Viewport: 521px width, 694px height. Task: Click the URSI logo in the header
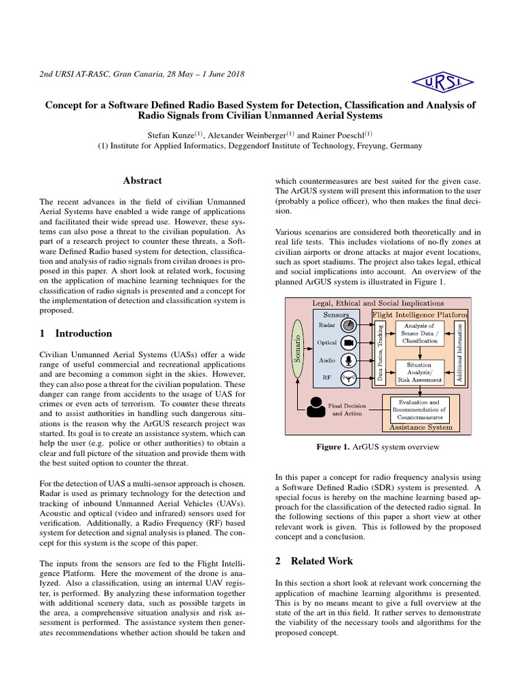[x=448, y=83]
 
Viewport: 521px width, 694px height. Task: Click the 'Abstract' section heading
[x=142, y=180]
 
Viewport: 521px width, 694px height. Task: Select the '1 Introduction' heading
[x=76, y=333]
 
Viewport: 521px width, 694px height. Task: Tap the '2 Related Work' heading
[x=313, y=560]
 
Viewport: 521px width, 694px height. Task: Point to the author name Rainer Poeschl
[x=344, y=135]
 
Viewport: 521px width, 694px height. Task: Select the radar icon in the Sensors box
[x=349, y=325]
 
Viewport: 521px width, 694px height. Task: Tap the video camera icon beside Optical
[x=349, y=343]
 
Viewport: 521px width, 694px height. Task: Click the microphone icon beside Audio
[x=349, y=361]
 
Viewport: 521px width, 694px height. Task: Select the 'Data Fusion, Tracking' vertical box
[x=381, y=351]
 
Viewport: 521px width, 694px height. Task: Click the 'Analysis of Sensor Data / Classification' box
[x=420, y=334]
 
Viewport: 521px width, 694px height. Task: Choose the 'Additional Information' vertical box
[x=460, y=351]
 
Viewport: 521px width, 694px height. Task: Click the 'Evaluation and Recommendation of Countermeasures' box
[x=420, y=409]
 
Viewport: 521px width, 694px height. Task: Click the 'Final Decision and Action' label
[x=345, y=410]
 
